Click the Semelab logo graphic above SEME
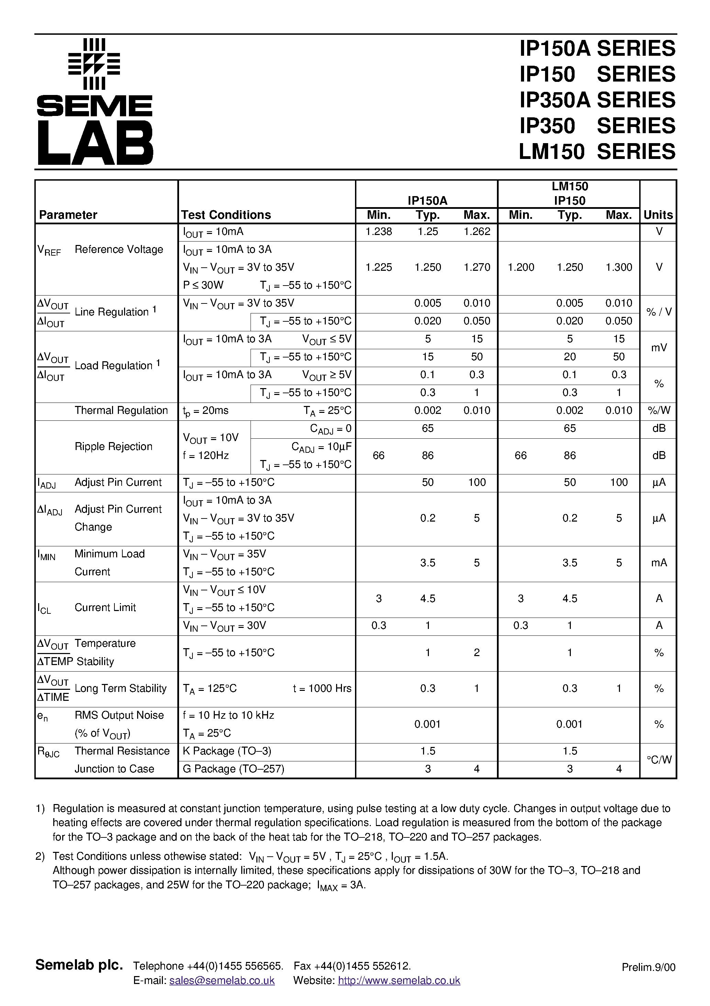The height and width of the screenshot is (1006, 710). (94, 64)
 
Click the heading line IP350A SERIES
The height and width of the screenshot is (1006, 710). (597, 100)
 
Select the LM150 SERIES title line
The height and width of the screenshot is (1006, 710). (597, 152)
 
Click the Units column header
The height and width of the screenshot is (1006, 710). (658, 215)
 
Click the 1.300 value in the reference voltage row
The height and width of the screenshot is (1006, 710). (619, 267)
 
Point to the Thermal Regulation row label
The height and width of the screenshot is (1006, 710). (121, 410)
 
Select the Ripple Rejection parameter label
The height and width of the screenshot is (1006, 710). (113, 447)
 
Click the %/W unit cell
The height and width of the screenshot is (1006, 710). (659, 410)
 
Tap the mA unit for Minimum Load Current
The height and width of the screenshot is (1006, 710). (659, 563)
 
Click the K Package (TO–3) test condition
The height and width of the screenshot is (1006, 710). (227, 751)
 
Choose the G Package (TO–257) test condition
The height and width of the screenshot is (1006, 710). (233, 769)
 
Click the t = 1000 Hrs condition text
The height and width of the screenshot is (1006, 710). (322, 689)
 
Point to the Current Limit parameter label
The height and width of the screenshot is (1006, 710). (105, 608)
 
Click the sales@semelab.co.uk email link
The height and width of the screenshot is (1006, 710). (222, 981)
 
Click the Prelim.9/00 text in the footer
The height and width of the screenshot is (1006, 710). (648, 967)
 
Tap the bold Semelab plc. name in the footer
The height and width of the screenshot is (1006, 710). (79, 965)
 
